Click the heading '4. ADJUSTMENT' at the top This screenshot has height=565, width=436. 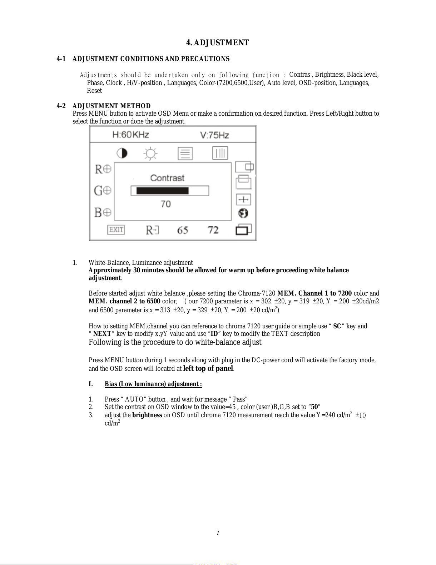[x=217, y=43]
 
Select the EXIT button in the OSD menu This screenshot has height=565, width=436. [x=116, y=230]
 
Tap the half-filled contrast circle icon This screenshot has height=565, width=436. [x=122, y=153]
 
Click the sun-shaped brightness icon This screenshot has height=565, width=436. [x=150, y=154]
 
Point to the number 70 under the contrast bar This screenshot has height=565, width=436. [x=166, y=204]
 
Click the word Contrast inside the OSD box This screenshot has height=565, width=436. [x=167, y=178]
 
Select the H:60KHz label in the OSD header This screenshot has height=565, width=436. [x=130, y=135]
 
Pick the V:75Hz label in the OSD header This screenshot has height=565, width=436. [x=214, y=135]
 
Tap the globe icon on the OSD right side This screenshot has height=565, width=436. [x=243, y=213]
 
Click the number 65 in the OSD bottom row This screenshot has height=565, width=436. [x=183, y=230]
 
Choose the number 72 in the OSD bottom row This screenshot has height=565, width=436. [x=213, y=230]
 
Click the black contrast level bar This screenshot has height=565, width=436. [x=163, y=191]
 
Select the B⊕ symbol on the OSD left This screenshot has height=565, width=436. [x=103, y=213]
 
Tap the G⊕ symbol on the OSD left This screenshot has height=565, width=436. [x=103, y=191]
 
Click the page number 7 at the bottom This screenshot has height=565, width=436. [x=218, y=533]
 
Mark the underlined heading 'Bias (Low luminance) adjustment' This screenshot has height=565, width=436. [x=153, y=384]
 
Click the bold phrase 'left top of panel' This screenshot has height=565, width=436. [x=208, y=369]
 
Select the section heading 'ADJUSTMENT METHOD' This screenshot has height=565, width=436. [x=112, y=106]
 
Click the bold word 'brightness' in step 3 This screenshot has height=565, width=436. [x=147, y=415]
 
